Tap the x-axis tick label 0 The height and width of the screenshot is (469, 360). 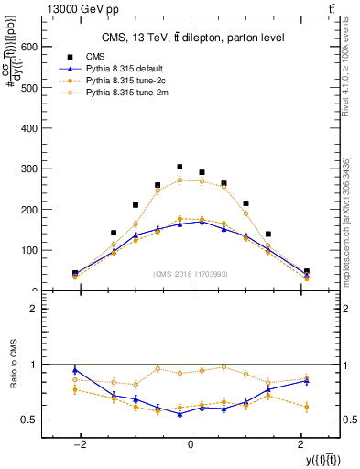point(191,443)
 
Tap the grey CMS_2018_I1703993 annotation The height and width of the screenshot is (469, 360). point(191,273)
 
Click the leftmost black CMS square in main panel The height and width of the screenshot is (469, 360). point(75,273)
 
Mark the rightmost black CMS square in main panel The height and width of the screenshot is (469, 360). point(306,271)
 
